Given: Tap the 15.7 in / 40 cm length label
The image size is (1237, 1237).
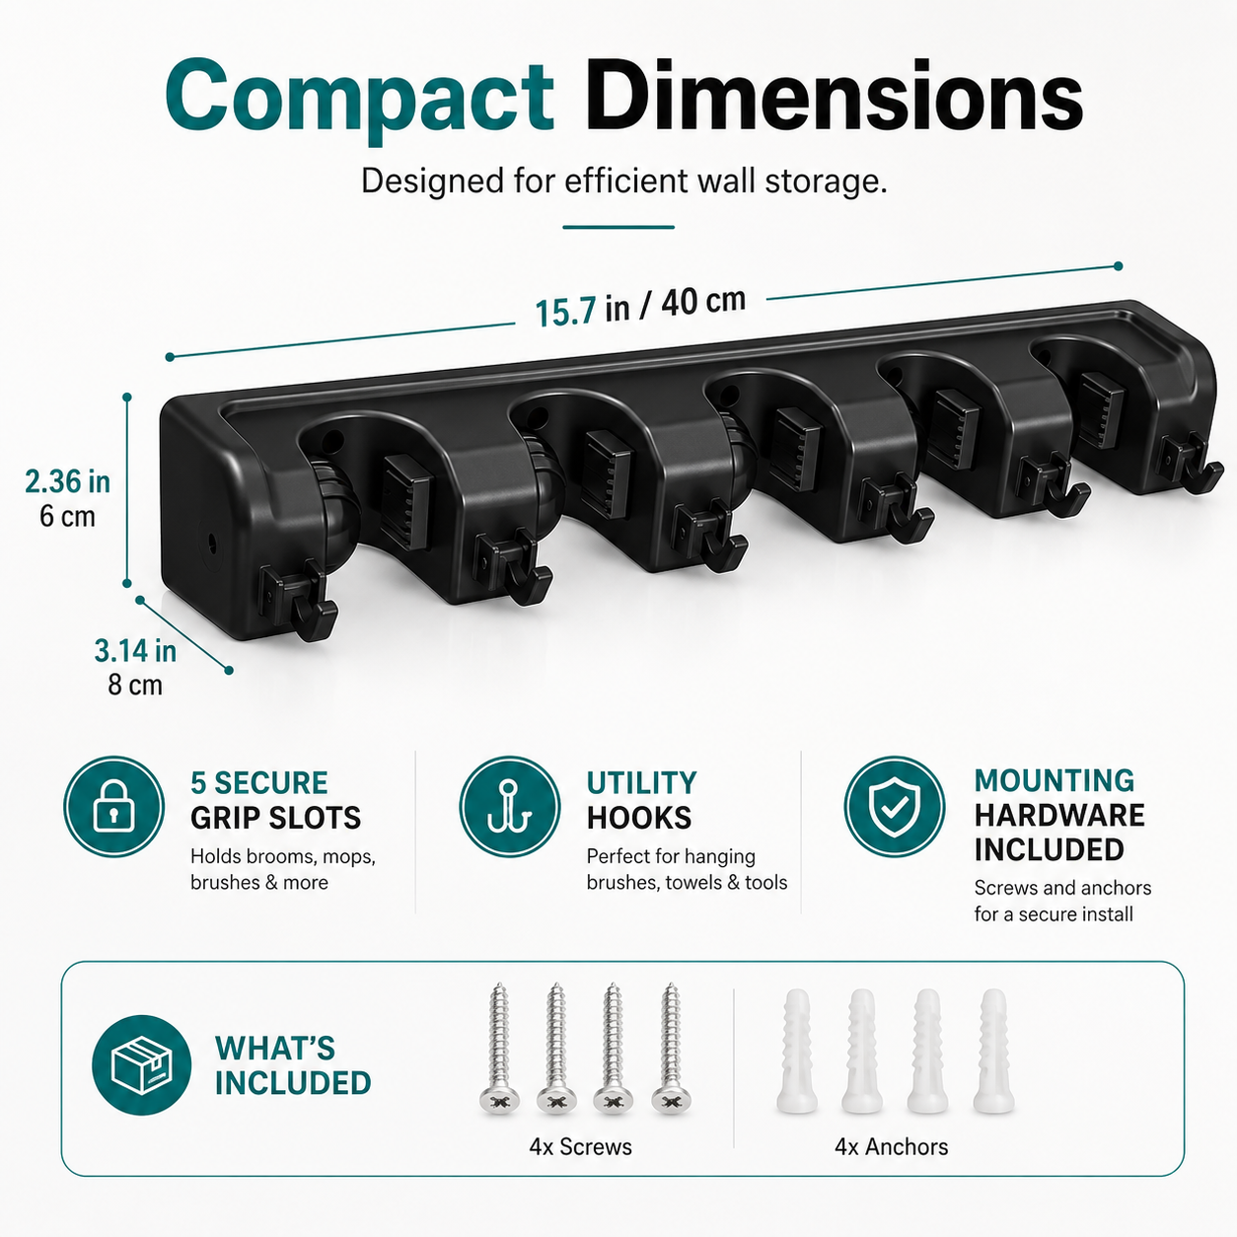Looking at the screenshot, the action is point(640,306).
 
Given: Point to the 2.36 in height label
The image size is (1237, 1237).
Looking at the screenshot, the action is point(67,481).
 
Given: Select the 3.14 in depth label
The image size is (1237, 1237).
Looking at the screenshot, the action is point(135,651).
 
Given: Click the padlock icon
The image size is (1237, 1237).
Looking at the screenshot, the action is point(113,807).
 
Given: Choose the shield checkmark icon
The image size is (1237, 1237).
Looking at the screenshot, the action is point(894,806).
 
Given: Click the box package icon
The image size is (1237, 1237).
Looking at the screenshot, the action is point(142,1065).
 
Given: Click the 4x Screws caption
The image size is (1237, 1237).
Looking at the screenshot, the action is point(580,1146).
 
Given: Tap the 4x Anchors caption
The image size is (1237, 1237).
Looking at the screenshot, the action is point(891,1146).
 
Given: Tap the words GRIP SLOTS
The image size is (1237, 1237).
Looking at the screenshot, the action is point(275,818).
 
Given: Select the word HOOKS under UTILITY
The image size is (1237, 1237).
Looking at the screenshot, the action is point(638,818).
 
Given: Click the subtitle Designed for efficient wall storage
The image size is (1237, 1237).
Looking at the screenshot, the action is point(624,182).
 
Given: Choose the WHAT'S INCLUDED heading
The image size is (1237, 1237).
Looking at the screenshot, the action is point(293,1065).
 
